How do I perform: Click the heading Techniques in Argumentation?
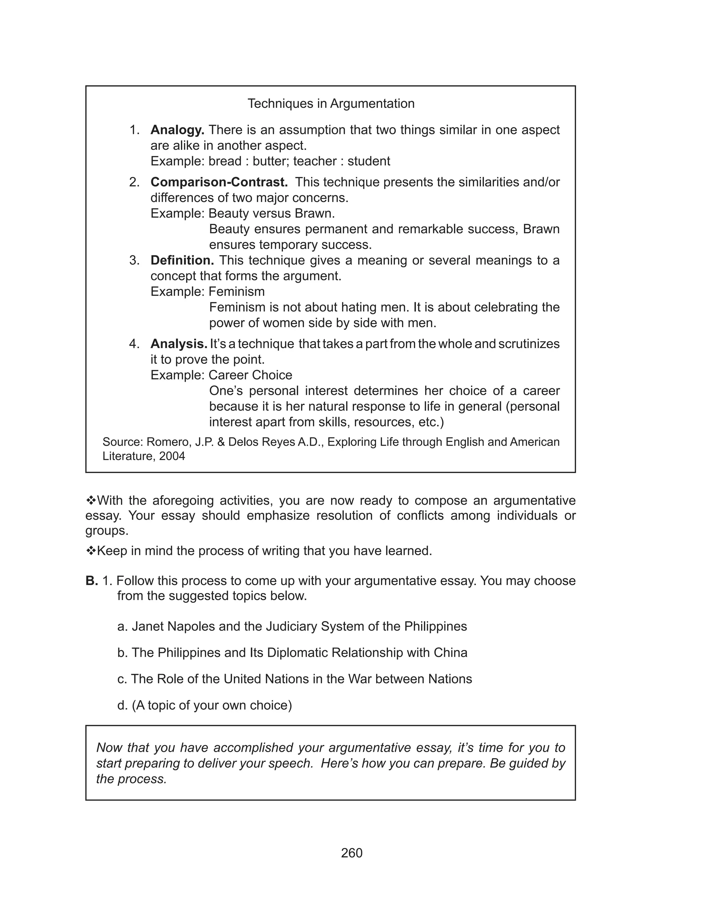point(331,103)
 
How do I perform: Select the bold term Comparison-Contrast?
point(219,182)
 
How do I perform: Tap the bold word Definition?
point(182,260)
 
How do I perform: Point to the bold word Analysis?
point(178,344)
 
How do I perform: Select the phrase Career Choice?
point(250,375)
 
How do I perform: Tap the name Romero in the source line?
point(166,442)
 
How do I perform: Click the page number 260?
point(352,853)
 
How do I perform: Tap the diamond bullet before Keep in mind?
point(91,551)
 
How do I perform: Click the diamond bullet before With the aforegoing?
point(91,500)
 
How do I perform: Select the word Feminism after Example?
point(236,292)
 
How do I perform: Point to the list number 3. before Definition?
point(134,260)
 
